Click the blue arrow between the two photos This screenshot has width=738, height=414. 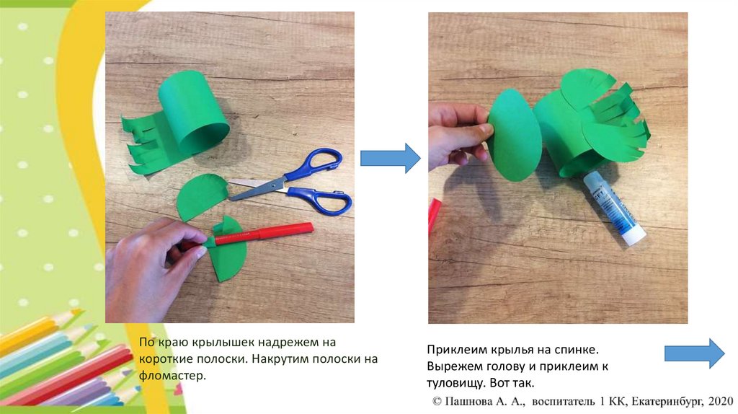tap(390, 158)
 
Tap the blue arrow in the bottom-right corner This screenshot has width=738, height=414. tap(694, 353)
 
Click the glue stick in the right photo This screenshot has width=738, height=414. tap(614, 208)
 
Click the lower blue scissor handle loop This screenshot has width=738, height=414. tap(322, 201)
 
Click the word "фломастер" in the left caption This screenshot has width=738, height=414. tap(172, 376)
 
